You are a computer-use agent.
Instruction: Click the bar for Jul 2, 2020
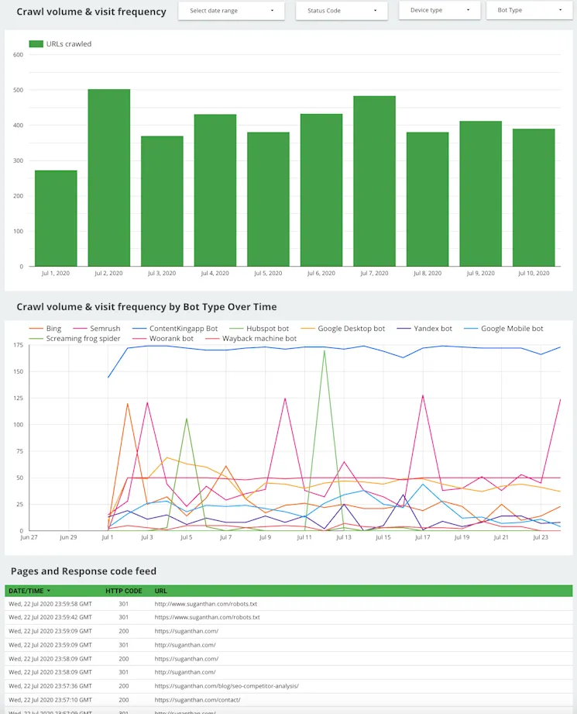click(x=108, y=178)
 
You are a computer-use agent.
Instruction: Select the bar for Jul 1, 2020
click(x=56, y=218)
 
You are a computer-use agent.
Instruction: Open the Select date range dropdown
click(x=231, y=11)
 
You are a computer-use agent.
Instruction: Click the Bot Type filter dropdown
click(x=528, y=11)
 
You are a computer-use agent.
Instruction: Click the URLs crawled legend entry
click(x=60, y=44)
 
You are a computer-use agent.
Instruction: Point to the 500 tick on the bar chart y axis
click(x=17, y=90)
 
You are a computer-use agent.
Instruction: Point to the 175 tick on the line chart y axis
click(x=17, y=345)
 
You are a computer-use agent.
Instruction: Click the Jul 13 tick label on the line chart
click(x=343, y=537)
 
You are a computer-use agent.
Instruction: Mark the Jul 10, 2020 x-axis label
click(x=533, y=274)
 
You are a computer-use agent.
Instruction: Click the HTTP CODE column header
click(x=124, y=591)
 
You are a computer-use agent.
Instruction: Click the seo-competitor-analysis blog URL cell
click(x=226, y=686)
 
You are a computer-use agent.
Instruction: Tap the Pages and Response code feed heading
click(x=84, y=571)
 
